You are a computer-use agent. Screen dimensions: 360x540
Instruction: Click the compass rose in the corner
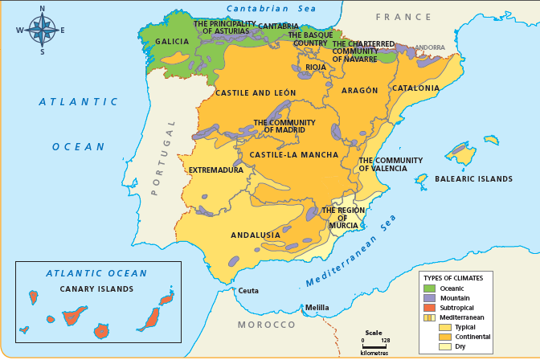coord(42,30)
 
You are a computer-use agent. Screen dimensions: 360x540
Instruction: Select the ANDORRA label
coord(430,48)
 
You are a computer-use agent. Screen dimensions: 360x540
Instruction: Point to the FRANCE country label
coord(403,17)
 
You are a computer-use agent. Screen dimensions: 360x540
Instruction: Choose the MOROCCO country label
coord(266,325)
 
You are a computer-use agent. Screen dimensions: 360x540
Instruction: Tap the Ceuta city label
coord(247,290)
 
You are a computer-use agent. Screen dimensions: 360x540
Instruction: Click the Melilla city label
coord(317,308)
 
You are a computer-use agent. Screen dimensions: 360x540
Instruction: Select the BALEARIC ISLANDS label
coord(472,178)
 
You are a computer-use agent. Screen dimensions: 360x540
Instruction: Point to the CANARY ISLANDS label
coord(96,288)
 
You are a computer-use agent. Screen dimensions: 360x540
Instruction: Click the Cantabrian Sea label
coord(271,8)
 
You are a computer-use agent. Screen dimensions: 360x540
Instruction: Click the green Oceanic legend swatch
coord(429,288)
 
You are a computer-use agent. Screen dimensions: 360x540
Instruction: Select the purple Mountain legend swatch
coord(429,298)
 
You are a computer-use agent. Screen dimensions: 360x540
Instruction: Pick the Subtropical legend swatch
coord(429,308)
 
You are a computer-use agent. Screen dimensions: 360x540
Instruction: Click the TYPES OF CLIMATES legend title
coord(453,277)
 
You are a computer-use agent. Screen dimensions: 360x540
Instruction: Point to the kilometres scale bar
coord(374,346)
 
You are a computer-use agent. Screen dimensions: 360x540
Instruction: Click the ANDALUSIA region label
coord(256,235)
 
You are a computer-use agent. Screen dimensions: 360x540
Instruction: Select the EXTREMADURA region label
coord(215,170)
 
